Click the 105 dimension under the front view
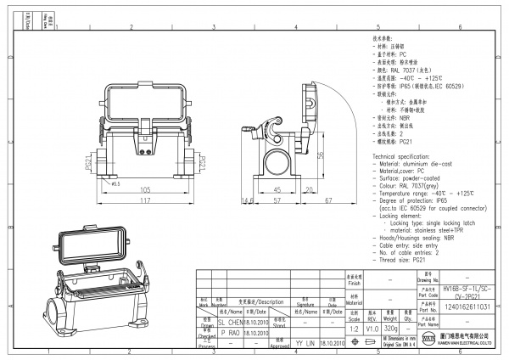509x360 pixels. point(146,191)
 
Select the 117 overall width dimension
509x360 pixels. point(146,202)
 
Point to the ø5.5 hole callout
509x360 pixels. point(115,183)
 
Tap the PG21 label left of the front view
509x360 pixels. point(88,161)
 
